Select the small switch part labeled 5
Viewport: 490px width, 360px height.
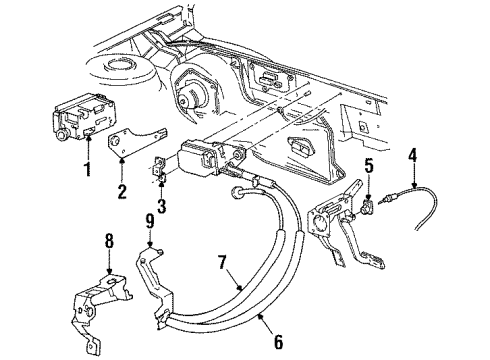tap(372, 206)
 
